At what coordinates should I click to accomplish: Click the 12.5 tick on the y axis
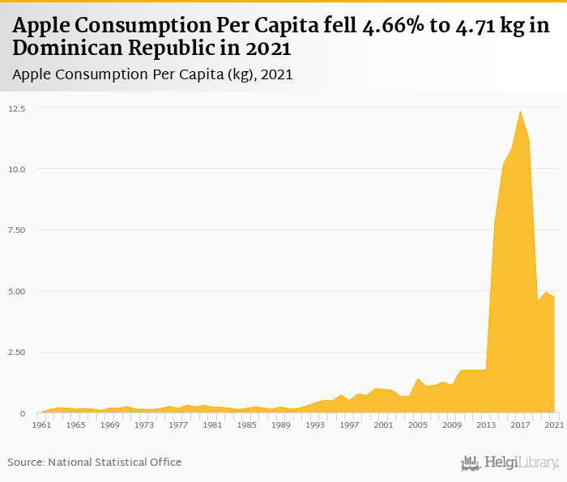[17, 108]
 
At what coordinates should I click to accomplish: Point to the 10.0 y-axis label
[17, 169]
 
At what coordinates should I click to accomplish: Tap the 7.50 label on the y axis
[17, 230]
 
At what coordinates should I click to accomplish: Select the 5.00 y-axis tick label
[17, 291]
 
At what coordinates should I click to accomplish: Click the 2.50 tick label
[17, 352]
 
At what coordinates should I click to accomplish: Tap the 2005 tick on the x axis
[417, 425]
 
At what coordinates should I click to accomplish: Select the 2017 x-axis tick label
[520, 425]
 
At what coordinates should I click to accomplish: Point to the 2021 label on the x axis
[554, 425]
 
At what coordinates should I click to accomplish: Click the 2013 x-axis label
[486, 425]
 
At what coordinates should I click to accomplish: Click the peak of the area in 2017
[520, 111]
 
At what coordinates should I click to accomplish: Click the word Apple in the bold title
[41, 27]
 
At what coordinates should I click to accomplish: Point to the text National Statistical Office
[115, 462]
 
